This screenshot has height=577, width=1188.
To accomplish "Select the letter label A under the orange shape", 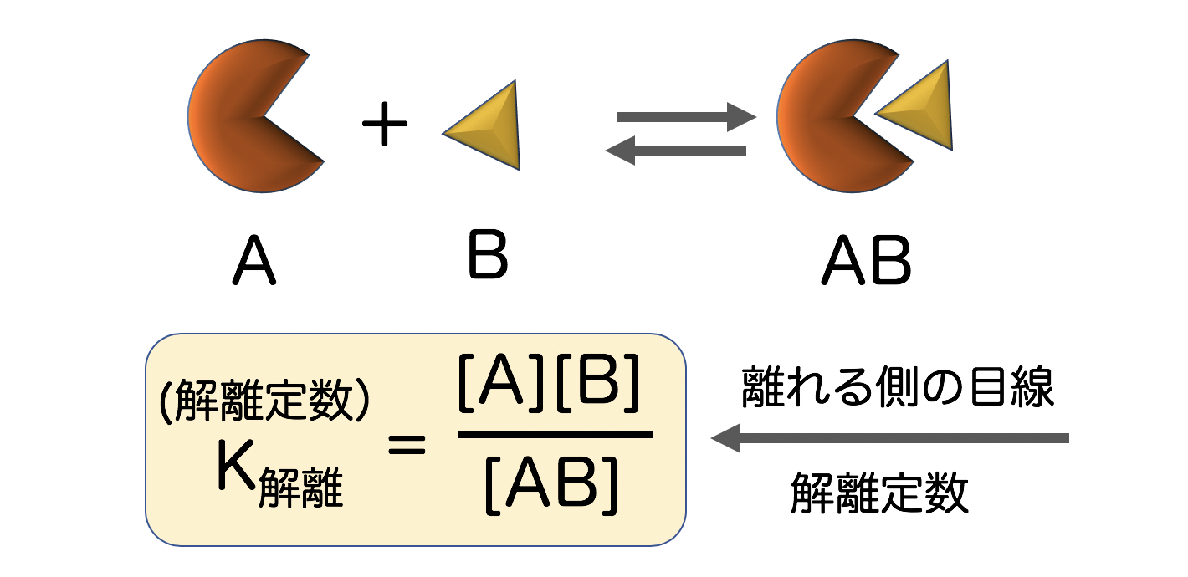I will (x=254, y=262).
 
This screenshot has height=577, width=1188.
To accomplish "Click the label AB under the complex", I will (x=866, y=262).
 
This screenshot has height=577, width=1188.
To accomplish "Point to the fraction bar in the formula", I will (x=555, y=435).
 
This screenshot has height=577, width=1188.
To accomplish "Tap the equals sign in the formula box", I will (x=407, y=444).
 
